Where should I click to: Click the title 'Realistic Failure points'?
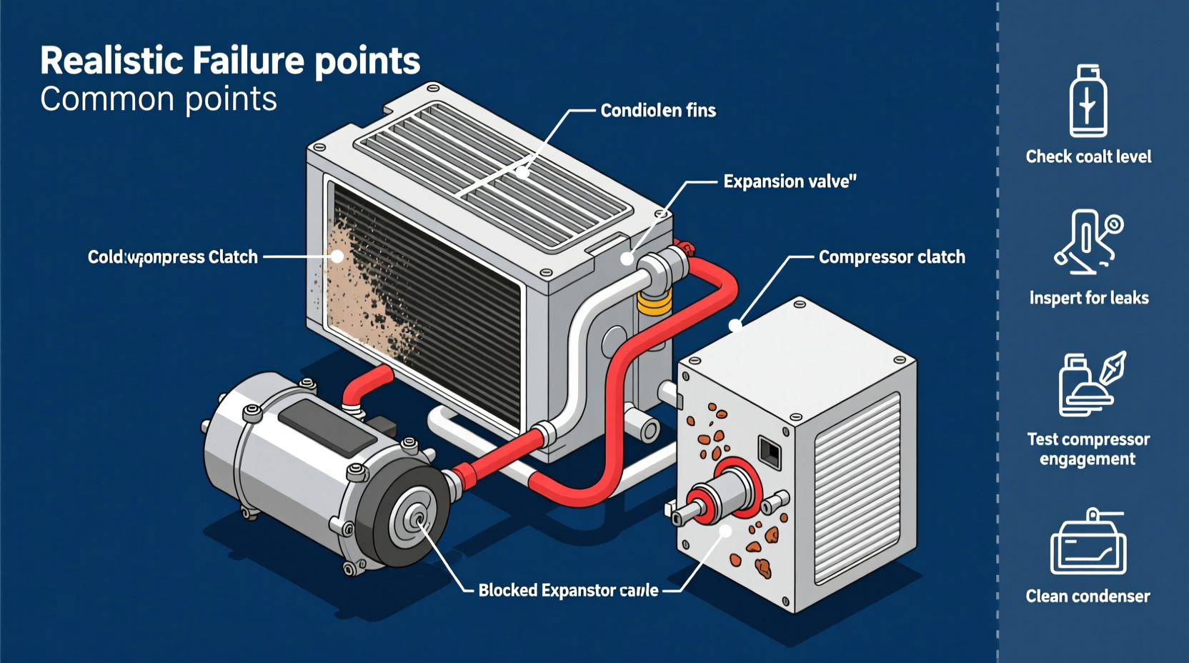coord(229,61)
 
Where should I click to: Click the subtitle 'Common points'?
coord(158,99)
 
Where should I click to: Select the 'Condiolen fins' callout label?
coord(657,111)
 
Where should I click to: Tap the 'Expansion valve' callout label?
coord(789,181)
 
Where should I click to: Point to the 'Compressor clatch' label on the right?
coord(891,257)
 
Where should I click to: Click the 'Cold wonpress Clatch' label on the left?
coord(172,257)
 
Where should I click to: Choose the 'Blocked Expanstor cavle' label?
coord(568,591)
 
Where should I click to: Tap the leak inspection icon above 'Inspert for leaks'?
coord(1088,241)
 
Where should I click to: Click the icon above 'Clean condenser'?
coord(1088,543)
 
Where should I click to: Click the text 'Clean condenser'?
coord(1088,596)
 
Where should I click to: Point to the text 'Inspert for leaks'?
coord(1088,298)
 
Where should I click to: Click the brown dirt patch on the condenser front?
coord(357,286)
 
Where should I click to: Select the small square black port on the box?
coord(770,452)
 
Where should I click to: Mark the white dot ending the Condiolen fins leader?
coord(523,172)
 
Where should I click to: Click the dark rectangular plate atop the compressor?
coord(322,426)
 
